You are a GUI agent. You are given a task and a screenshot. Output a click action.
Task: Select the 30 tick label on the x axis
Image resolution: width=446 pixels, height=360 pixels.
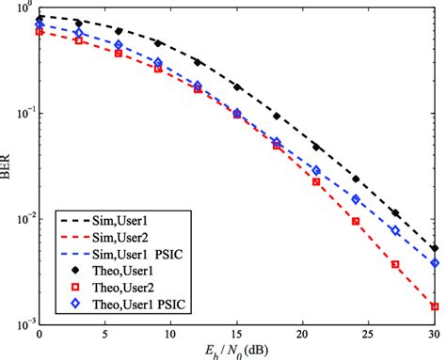[x=434, y=335]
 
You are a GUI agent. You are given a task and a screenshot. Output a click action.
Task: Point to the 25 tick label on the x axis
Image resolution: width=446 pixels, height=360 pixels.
[x=369, y=335]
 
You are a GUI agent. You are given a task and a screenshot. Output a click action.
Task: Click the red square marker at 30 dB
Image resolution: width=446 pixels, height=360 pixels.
[x=435, y=306]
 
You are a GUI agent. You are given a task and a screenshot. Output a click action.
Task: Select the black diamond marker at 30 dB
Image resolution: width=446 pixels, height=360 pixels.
[x=435, y=248]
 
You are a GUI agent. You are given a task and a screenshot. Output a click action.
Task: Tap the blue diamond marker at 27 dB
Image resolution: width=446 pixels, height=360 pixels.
[x=395, y=230]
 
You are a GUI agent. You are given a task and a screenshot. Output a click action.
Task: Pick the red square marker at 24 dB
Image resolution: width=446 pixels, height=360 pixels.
[x=356, y=221]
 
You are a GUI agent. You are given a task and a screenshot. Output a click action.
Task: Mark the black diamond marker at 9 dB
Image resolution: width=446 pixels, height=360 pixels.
[x=158, y=43]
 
